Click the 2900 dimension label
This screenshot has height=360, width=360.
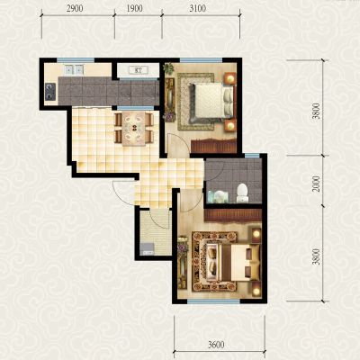(x=75, y=9)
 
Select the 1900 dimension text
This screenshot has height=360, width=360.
(x=134, y=9)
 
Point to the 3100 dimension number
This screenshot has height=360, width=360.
(x=198, y=9)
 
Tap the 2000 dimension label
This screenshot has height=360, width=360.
(x=316, y=184)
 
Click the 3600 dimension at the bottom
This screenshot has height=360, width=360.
(x=216, y=345)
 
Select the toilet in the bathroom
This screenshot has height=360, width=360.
(x=242, y=193)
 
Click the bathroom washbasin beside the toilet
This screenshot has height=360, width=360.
(x=219, y=197)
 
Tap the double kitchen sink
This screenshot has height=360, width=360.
(x=74, y=70)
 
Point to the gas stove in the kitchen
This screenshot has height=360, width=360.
(x=50, y=92)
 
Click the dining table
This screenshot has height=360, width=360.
(x=134, y=129)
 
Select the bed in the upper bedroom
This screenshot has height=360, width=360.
(x=211, y=101)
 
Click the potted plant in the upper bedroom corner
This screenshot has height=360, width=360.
(x=168, y=68)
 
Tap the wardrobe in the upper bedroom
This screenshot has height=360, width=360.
(x=213, y=146)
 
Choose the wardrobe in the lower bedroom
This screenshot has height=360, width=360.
(x=233, y=215)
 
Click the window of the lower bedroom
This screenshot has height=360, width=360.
(x=213, y=301)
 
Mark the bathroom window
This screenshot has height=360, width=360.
(x=252, y=156)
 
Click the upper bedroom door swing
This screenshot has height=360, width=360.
(x=178, y=145)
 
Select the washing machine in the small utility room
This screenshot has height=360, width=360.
(x=147, y=248)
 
